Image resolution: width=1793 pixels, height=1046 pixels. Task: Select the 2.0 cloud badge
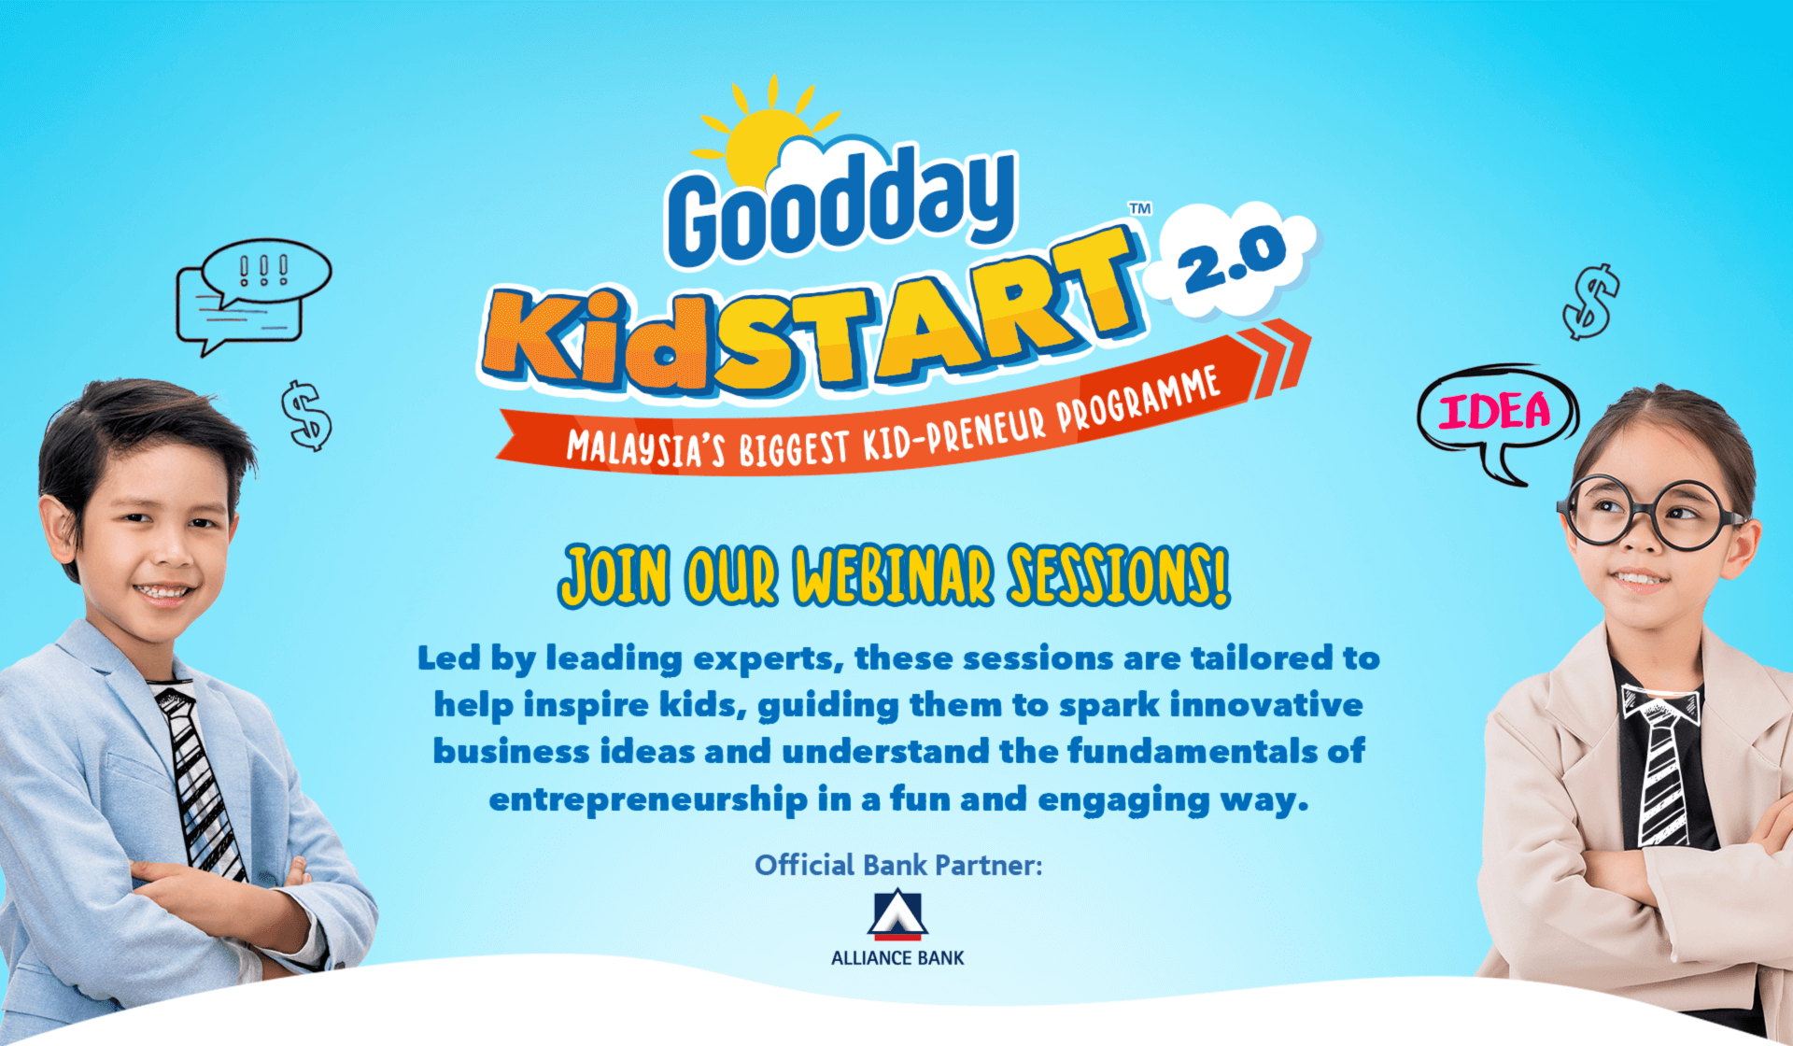1233,257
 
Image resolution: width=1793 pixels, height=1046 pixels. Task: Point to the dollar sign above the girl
1591,302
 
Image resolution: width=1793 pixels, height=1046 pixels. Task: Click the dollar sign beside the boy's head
306,416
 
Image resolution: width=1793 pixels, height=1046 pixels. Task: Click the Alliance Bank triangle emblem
897,914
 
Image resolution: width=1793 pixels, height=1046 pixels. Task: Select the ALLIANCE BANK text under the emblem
897,958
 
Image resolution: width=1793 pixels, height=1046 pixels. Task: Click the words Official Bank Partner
898,866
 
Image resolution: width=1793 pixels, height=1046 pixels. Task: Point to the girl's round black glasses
1648,513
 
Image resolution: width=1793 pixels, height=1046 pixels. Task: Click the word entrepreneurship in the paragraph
648,800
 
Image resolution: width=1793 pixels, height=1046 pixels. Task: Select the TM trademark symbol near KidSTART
1140,208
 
